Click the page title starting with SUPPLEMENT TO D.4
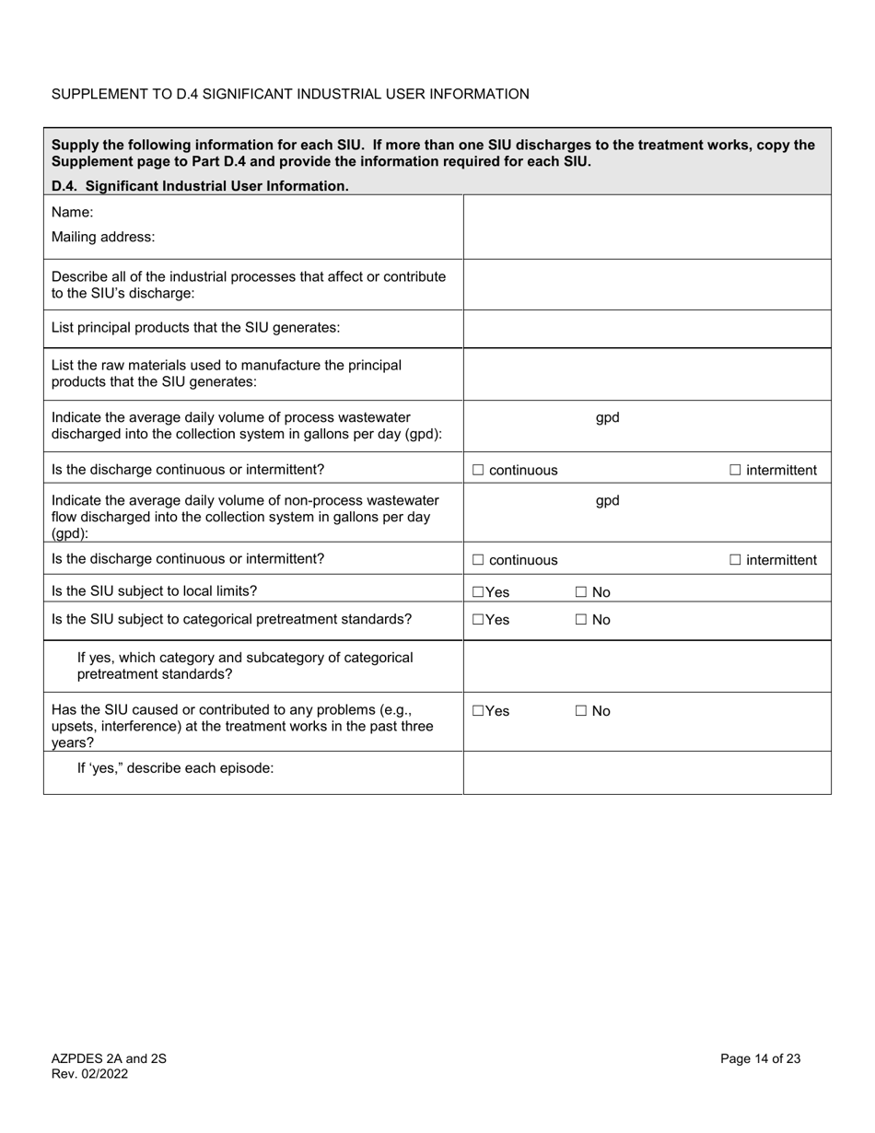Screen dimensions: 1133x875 point(290,94)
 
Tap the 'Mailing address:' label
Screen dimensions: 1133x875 point(103,237)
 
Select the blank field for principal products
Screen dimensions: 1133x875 point(647,329)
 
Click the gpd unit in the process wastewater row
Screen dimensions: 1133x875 point(607,417)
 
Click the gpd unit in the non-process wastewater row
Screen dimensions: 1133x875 point(607,501)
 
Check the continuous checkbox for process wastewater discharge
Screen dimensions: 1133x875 point(478,471)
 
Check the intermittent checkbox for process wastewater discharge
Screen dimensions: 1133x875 point(735,471)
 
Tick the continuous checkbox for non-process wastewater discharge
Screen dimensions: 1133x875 point(478,560)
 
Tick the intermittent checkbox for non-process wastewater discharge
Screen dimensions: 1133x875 point(735,560)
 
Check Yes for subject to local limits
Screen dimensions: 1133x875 point(478,593)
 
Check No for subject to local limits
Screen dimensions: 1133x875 point(581,593)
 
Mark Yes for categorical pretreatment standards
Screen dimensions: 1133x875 point(478,620)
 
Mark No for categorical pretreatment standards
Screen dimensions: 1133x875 point(581,620)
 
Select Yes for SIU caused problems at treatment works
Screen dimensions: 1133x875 point(478,711)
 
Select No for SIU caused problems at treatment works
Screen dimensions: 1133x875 point(581,711)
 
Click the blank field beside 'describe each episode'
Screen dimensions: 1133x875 point(647,772)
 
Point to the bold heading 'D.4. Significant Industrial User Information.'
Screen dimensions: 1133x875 point(200,186)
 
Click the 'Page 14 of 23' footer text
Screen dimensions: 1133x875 point(760,1058)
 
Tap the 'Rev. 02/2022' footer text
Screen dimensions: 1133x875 point(89,1074)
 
